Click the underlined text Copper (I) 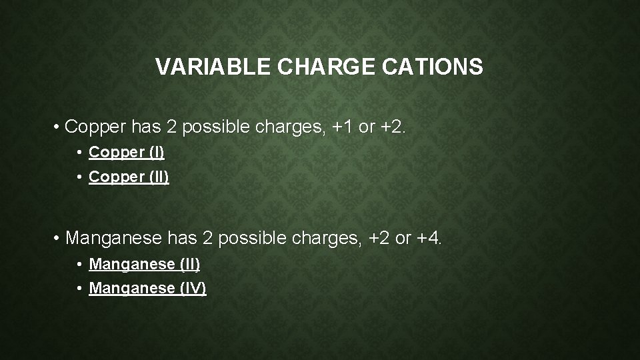[x=127, y=153]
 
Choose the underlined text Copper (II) [x=129, y=177]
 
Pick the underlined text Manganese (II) [x=145, y=264]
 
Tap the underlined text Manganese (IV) [x=147, y=289]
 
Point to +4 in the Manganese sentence [x=429, y=238]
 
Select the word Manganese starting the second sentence [x=115, y=238]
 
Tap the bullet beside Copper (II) [x=79, y=178]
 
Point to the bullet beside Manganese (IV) [x=79, y=289]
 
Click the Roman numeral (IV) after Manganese [x=193, y=289]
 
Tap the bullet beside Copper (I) [x=79, y=153]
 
